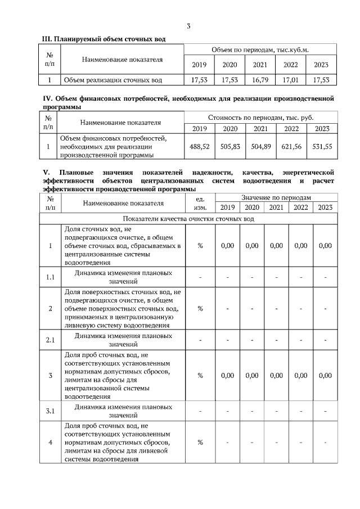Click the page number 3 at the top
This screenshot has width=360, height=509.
click(x=189, y=26)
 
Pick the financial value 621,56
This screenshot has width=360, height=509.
click(x=291, y=146)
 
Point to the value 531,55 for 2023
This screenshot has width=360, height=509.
click(x=322, y=146)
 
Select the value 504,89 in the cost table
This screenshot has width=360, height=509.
click(x=260, y=146)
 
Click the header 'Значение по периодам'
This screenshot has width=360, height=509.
click(x=276, y=198)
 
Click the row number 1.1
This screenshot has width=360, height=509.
click(x=50, y=276)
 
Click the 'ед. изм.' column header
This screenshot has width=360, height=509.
click(x=200, y=203)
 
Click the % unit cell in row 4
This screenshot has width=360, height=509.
click(x=200, y=442)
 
